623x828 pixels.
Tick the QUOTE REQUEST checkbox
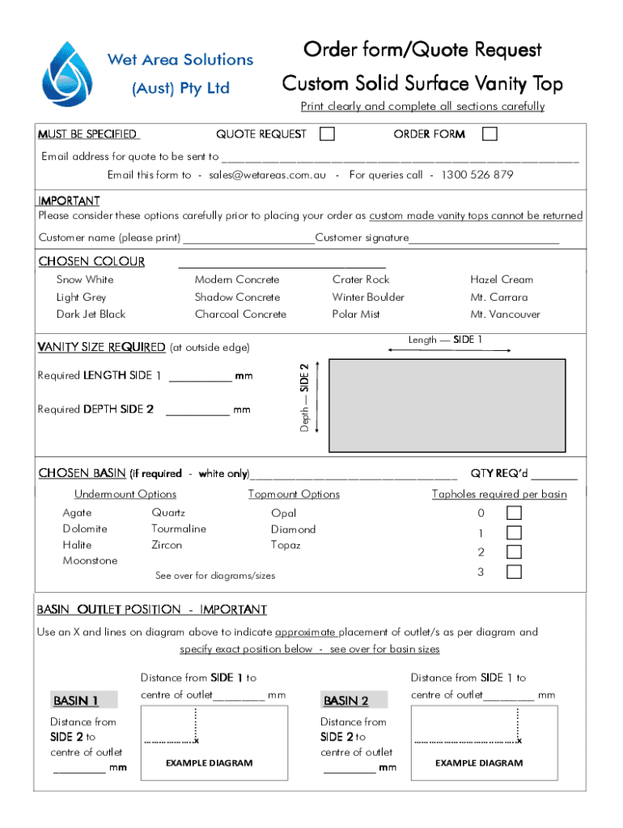327,134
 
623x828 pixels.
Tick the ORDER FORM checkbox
489,134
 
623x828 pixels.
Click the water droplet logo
69,74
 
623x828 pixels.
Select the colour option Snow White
85,280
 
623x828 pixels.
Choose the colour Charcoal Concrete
240,315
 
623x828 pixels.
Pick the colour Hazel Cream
502,280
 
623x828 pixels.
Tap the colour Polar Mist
356,315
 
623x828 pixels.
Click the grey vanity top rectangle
447,404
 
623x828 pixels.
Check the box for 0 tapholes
514,513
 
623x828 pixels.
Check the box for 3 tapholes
514,572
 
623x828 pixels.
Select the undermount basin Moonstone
90,561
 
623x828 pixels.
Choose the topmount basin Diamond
294,530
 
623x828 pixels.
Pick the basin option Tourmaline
179,529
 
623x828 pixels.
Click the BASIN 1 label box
76,700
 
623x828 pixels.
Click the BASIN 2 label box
346,700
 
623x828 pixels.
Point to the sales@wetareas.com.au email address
267,175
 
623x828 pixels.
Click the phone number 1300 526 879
477,175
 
